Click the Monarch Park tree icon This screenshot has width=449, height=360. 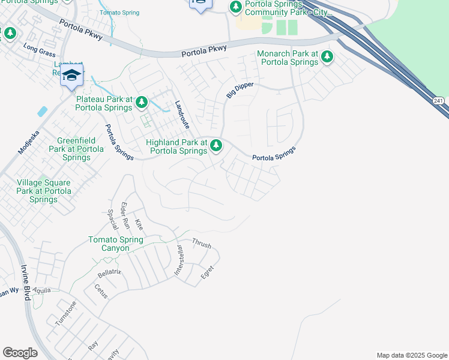[327, 57]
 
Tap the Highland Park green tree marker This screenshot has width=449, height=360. [216, 145]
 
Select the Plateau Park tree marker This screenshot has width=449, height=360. [142, 103]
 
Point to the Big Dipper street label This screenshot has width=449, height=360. [240, 91]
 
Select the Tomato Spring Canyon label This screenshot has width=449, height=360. [116, 244]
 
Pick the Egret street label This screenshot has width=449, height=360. [207, 272]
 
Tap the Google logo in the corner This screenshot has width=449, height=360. [20, 353]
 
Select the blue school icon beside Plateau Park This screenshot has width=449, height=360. [71, 75]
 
